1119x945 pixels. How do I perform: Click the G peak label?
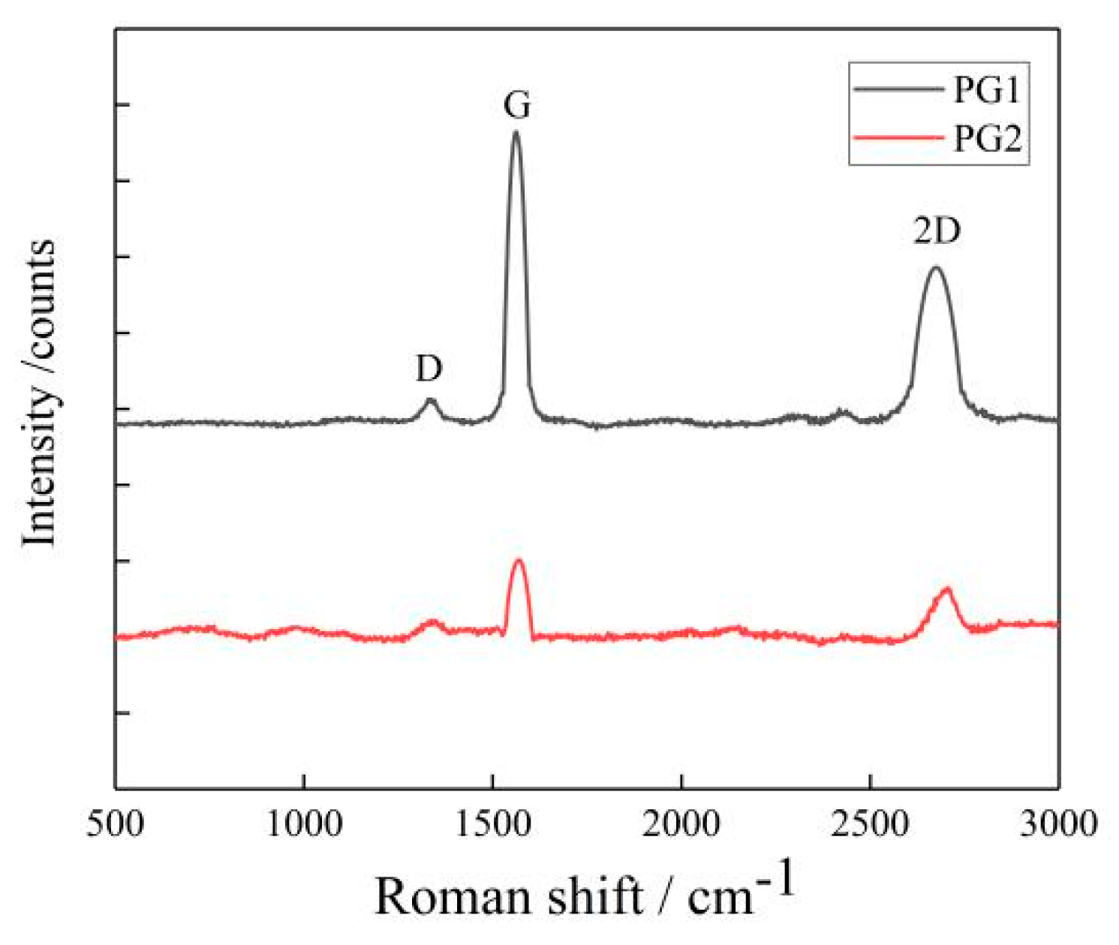(517, 107)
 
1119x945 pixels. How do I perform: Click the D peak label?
(429, 369)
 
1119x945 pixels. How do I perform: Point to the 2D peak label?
(937, 232)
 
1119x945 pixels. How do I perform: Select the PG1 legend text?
(986, 91)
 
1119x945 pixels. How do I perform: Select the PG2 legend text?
(986, 139)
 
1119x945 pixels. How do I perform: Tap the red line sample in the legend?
(898, 138)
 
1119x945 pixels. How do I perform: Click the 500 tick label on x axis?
(115, 823)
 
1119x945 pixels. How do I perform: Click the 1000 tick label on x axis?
(303, 823)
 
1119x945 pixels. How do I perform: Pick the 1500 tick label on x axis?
(492, 823)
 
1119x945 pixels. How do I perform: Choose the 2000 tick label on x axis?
(681, 823)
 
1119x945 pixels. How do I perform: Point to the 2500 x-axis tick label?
(870, 823)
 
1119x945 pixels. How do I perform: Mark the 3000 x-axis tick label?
(1058, 823)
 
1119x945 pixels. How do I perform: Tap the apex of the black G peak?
(516, 133)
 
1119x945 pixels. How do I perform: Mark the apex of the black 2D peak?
(935, 267)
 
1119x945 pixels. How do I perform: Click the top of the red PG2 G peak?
(518, 560)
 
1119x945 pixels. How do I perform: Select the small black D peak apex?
(430, 400)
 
